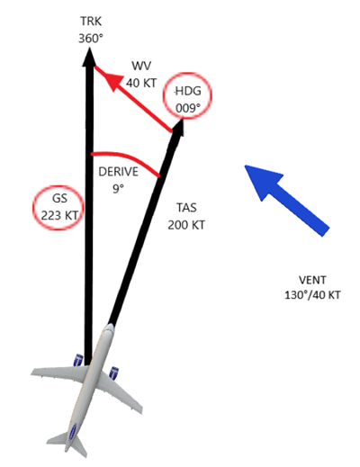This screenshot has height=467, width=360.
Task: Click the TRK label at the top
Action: click(91, 22)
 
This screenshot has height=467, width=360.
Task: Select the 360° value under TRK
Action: click(91, 39)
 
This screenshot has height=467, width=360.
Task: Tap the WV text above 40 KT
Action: click(141, 66)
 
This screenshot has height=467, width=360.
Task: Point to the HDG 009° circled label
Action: click(187, 95)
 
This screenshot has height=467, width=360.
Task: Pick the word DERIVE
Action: click(118, 172)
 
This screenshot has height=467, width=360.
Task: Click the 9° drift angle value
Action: click(118, 189)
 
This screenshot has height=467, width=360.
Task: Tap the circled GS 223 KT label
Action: click(58, 208)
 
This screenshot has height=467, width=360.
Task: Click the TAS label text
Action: click(186, 208)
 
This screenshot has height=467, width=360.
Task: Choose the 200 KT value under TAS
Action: click(186, 225)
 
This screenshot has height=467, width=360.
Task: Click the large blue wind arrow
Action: click(286, 201)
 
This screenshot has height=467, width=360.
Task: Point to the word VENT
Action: click(312, 280)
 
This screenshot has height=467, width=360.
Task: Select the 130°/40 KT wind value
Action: click(312, 295)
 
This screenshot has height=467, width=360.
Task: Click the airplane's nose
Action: click(110, 328)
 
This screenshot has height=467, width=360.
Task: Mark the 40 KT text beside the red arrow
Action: click(141, 83)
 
